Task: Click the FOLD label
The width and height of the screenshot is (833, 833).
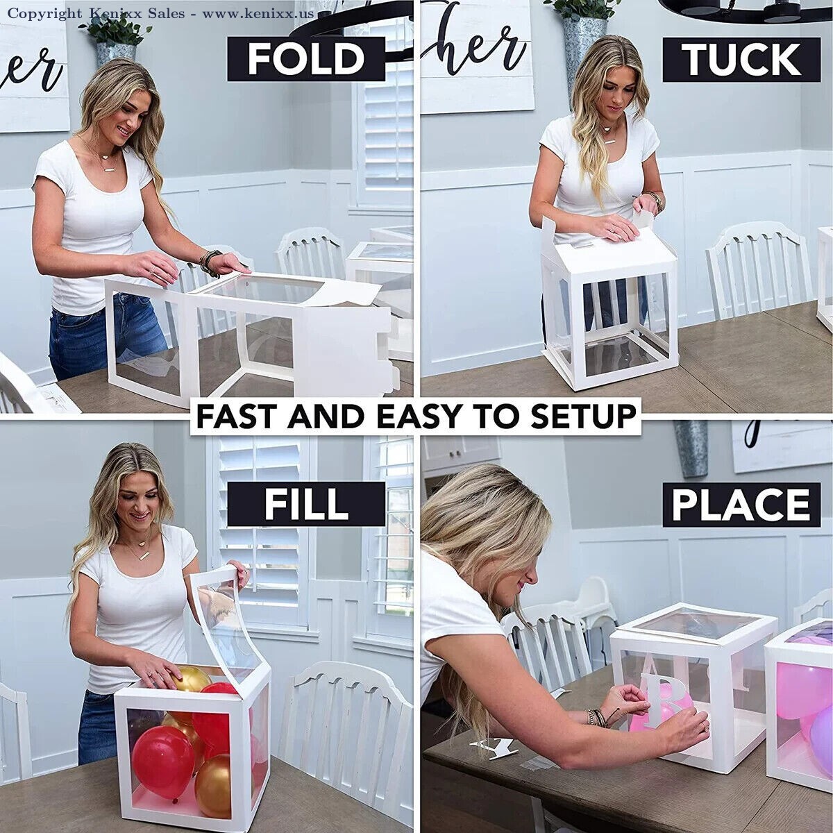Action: (305, 59)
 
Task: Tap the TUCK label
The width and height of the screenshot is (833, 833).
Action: (741, 59)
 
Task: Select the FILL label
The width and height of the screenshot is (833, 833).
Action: (306, 504)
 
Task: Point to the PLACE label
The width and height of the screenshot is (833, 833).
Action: (741, 505)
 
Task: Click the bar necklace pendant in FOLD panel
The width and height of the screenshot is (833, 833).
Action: (110, 168)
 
